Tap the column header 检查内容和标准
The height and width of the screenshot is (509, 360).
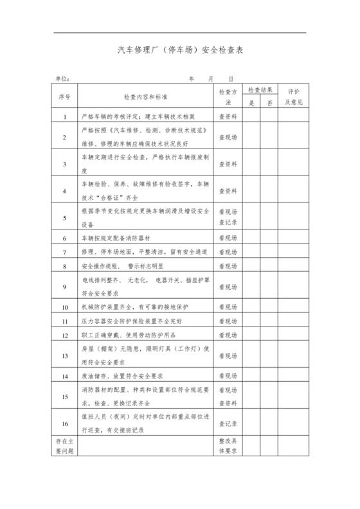[x=146, y=96]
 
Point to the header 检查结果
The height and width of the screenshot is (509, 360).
[x=261, y=90]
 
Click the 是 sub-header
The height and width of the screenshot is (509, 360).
[x=252, y=102]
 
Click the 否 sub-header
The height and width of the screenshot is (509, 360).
[x=270, y=102]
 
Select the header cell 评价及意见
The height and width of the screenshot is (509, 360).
[x=294, y=96]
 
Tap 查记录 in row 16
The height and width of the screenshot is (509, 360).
[x=229, y=424]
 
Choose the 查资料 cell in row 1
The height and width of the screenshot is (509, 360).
[x=229, y=118]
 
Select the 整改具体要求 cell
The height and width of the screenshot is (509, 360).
[x=229, y=447]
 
